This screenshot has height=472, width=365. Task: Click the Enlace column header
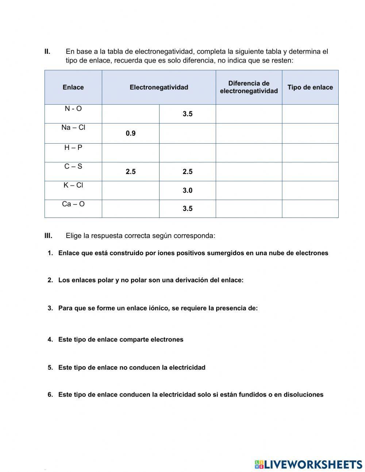click(73, 87)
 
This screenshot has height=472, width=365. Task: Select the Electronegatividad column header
click(159, 87)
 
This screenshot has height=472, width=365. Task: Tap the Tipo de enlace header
click(310, 87)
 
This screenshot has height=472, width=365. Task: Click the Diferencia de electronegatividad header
click(249, 87)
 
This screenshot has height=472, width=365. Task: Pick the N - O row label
click(73, 109)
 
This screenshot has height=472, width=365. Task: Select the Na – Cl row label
click(73, 128)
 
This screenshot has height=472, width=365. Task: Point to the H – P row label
click(73, 148)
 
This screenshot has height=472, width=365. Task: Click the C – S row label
click(73, 167)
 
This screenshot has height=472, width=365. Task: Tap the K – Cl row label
click(73, 185)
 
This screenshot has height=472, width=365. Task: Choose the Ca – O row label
click(73, 204)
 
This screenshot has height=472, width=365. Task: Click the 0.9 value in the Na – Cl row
click(130, 133)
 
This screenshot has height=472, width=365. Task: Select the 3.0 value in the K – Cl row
click(187, 190)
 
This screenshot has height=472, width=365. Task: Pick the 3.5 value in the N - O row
click(187, 114)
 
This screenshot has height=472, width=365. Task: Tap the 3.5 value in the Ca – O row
click(187, 209)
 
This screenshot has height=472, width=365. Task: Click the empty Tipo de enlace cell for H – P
click(310, 153)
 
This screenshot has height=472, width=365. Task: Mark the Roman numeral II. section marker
click(47, 52)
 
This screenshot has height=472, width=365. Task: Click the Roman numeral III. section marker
click(49, 236)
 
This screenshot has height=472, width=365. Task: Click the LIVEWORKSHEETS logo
click(308, 464)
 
